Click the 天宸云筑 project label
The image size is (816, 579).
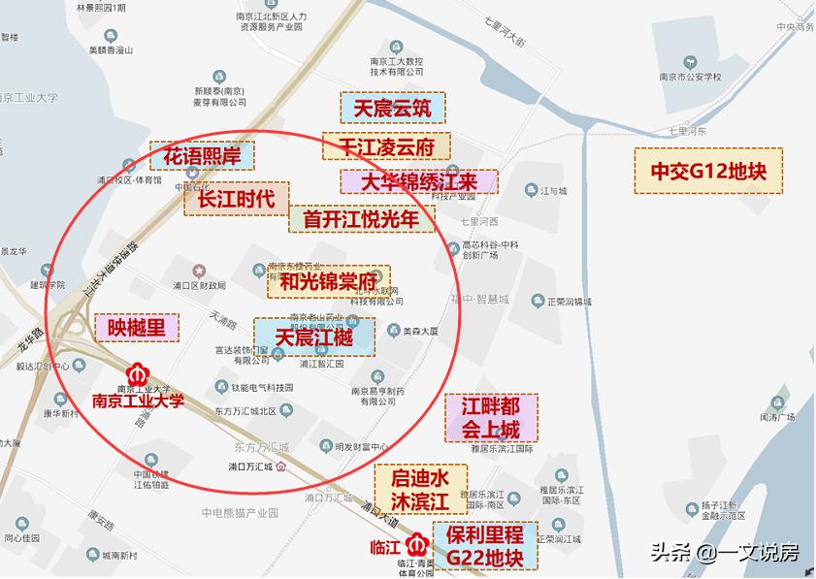(x=392, y=108)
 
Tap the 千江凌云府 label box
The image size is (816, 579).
(x=386, y=145)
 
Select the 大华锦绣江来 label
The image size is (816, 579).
(x=418, y=181)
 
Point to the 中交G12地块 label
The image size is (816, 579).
(x=708, y=171)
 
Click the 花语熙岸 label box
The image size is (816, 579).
(x=202, y=155)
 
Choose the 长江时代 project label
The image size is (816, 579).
(x=236, y=199)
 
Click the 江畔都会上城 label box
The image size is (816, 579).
(x=482, y=417)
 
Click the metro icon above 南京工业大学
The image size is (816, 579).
(x=137, y=373)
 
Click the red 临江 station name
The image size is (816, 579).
(x=385, y=545)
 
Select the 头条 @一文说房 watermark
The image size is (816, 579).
(x=724, y=553)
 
